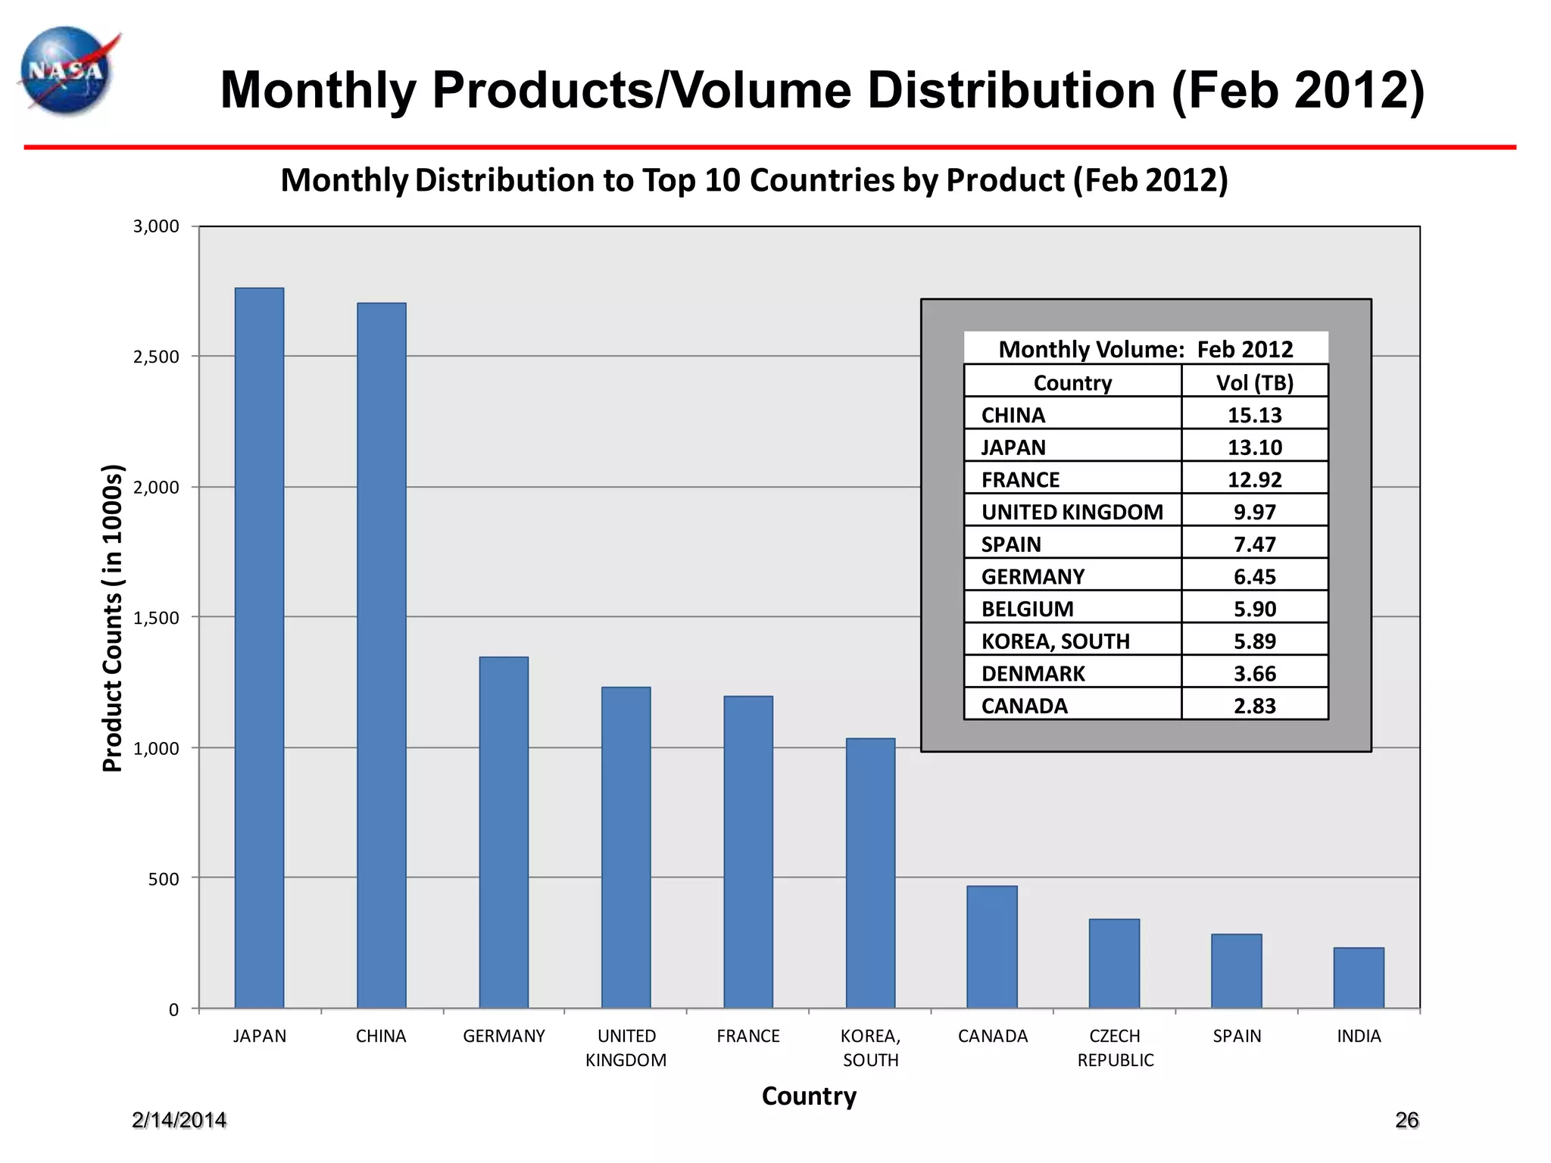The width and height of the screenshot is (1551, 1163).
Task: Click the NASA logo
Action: [67, 72]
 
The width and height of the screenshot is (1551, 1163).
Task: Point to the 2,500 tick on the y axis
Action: [156, 357]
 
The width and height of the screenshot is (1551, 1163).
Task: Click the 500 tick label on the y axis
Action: [164, 879]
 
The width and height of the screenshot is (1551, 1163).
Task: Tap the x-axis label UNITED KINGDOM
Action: [626, 1048]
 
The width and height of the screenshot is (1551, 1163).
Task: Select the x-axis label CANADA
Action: [992, 1036]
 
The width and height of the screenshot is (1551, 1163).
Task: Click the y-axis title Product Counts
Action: [112, 617]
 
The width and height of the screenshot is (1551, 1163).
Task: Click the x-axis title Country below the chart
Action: [809, 1096]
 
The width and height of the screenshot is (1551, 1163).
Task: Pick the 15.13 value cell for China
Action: [1254, 415]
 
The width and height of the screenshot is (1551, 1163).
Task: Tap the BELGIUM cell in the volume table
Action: [1027, 609]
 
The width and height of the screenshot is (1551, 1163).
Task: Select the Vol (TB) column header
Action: [1254, 382]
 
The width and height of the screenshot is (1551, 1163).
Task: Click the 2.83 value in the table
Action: [1254, 706]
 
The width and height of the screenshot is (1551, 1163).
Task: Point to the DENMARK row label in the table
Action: [1033, 673]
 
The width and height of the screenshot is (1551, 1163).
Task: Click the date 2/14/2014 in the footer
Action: [179, 1120]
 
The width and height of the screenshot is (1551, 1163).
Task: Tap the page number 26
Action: [1406, 1120]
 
